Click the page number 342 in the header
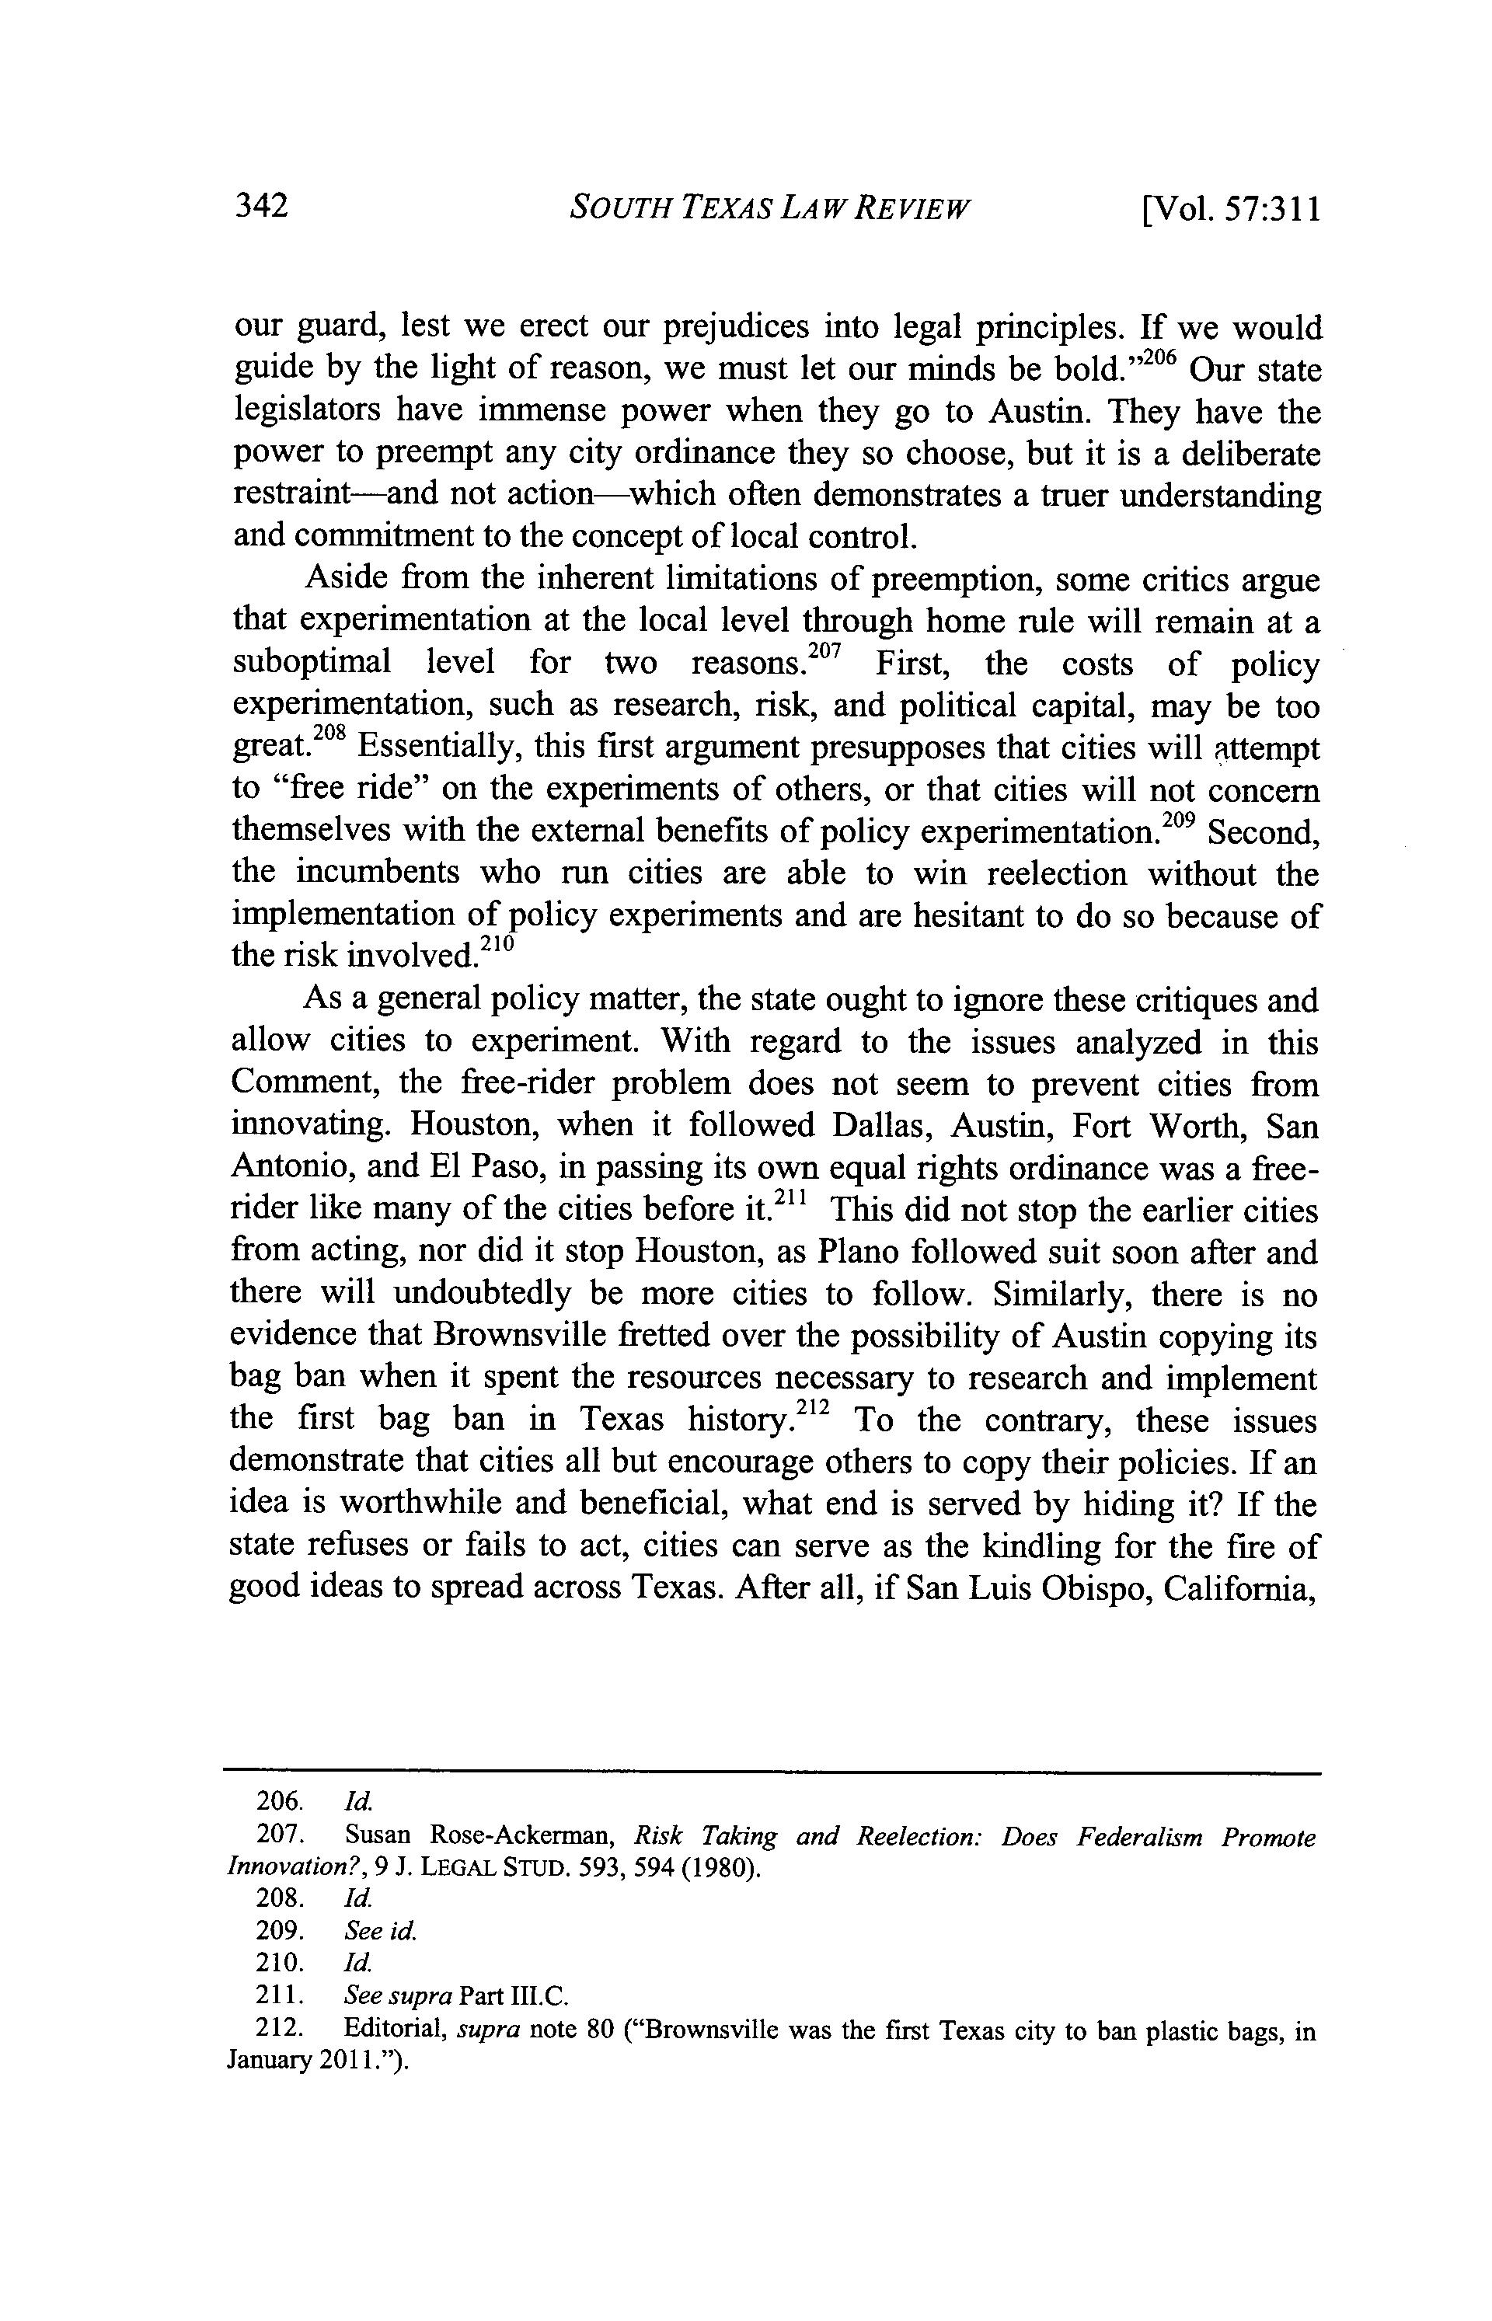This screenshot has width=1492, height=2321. click(262, 207)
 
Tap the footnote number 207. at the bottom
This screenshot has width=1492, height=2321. click(280, 1835)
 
